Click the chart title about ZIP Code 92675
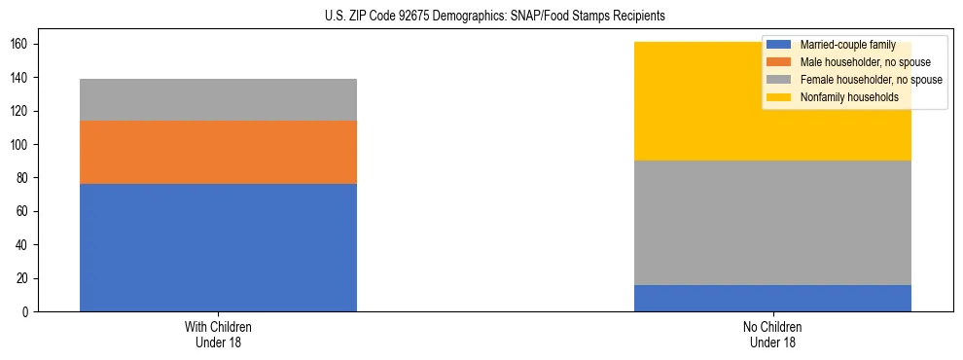495,17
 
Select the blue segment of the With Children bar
218,247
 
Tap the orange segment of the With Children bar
218,152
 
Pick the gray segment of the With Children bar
218,99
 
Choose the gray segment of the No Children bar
772,222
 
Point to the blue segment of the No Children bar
772,298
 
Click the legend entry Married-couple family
845,45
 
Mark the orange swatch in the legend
779,62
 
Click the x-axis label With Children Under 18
218,334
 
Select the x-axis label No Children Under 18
772,334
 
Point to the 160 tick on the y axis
26,45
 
